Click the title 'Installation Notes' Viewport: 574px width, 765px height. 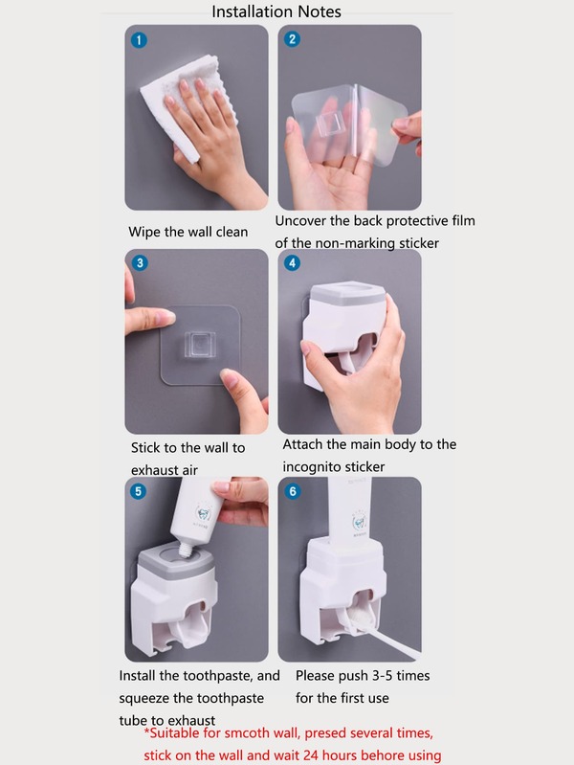276,11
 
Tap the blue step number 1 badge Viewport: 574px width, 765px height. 140,40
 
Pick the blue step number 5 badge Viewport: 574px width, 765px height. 140,491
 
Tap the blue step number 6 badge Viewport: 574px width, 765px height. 293,491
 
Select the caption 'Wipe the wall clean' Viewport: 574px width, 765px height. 188,232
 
